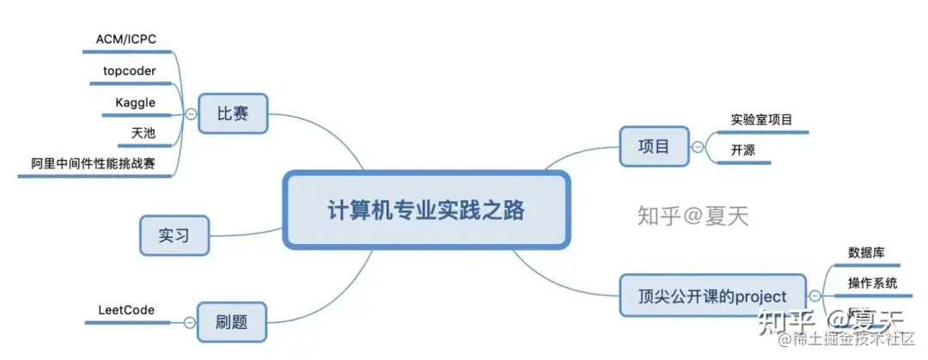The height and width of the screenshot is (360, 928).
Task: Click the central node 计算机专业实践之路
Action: (x=426, y=211)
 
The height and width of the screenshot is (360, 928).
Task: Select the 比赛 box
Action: (x=233, y=113)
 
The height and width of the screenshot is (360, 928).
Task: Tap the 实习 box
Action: (x=174, y=235)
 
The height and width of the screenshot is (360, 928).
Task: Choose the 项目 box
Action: (x=655, y=146)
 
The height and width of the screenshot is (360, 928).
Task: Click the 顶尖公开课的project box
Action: (x=713, y=296)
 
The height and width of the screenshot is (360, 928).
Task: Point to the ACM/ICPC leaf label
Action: (x=125, y=39)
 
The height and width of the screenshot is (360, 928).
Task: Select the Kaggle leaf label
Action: (x=135, y=102)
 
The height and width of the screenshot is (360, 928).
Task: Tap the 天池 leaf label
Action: (x=143, y=133)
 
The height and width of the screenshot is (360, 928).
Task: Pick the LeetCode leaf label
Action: (x=125, y=309)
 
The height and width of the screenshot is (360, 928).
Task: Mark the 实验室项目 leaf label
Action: (x=761, y=119)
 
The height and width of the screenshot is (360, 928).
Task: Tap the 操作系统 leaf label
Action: (x=873, y=283)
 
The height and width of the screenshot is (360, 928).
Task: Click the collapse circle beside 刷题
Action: (x=189, y=323)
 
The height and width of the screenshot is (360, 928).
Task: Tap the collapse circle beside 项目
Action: (x=698, y=147)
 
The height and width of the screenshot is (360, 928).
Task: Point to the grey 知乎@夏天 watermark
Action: (x=693, y=215)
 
